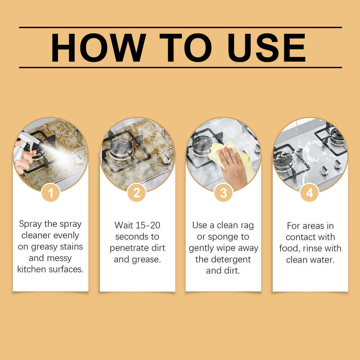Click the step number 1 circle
pyautogui.click(x=50, y=193)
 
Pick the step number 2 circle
pyautogui.click(x=137, y=193)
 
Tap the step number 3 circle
pyautogui.click(x=223, y=193)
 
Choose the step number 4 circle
pyautogui.click(x=310, y=193)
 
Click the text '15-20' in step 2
pyautogui.click(x=147, y=225)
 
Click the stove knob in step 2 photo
pyautogui.click(x=166, y=159)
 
